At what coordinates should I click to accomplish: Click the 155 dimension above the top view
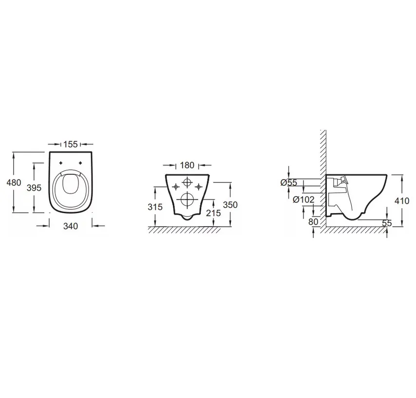71,144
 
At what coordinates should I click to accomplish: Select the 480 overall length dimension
13,182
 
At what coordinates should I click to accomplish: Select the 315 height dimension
155,207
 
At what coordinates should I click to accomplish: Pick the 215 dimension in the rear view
213,213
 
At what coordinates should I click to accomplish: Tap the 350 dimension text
230,205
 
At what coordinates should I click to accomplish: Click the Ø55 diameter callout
288,182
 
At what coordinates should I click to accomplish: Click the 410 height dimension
402,200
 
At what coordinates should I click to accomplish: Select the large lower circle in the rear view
187,199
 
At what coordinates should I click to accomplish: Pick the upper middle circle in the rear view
187,183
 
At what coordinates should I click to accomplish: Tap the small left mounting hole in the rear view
174,185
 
